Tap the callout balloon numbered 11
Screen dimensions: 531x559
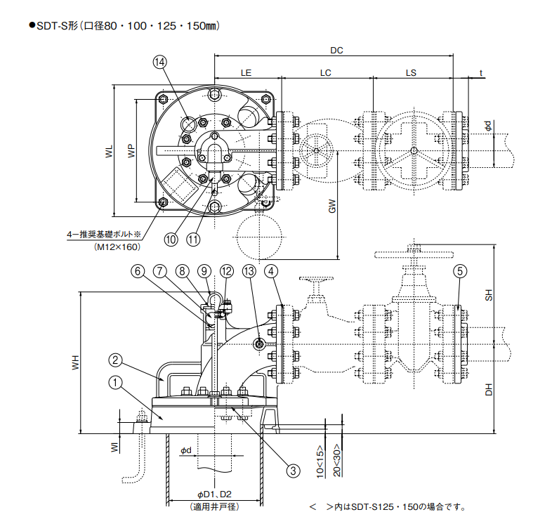[x=194, y=239]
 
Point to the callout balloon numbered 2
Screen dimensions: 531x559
[x=117, y=361]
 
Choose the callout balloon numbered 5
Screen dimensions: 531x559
[x=459, y=270]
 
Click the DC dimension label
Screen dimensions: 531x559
[x=336, y=50]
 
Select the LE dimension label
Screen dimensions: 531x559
[x=246, y=72]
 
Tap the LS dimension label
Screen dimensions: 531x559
[x=411, y=72]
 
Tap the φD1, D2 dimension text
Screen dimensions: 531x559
[x=214, y=496]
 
